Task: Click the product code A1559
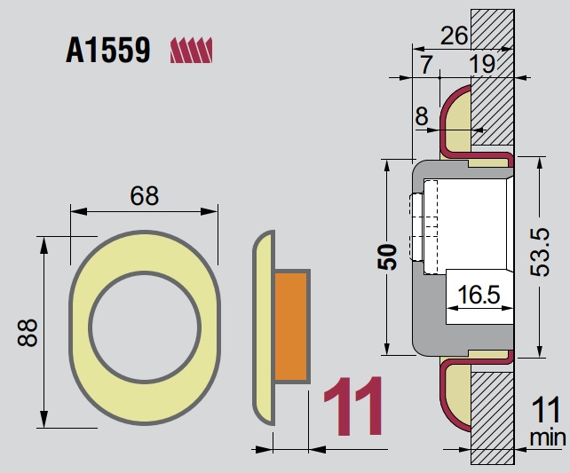(x=107, y=51)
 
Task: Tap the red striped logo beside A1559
(x=192, y=50)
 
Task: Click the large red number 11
(x=352, y=407)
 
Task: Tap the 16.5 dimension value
(x=478, y=293)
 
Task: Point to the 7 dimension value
(x=426, y=63)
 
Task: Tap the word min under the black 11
(x=546, y=438)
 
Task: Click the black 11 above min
(x=545, y=411)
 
